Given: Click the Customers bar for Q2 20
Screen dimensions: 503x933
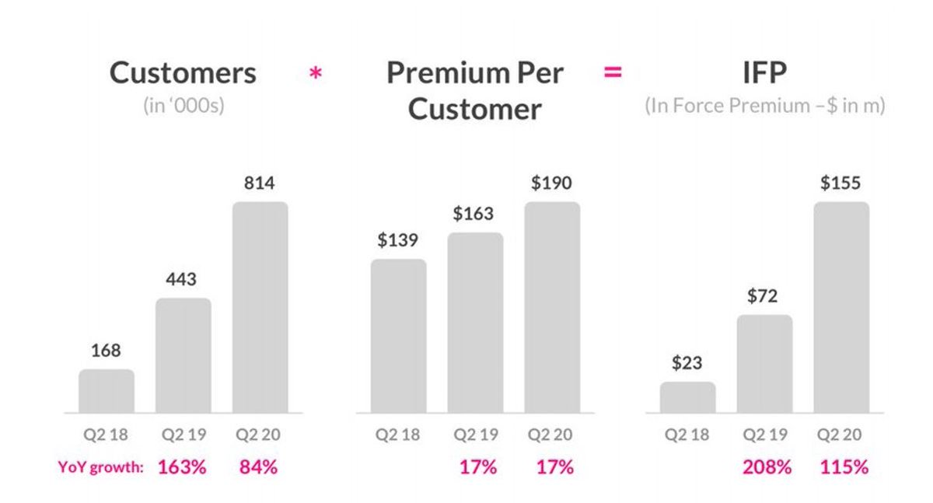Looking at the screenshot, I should [260, 307].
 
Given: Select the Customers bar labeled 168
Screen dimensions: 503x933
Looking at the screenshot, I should [107, 391].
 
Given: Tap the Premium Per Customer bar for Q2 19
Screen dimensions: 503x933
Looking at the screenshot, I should [475, 323].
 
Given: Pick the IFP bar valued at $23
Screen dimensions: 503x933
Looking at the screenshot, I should [687, 397].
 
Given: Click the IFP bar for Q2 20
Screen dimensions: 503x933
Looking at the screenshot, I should [841, 307].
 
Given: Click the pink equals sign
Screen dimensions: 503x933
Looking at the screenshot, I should [613, 73].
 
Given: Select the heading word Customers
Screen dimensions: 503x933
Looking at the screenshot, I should [183, 73].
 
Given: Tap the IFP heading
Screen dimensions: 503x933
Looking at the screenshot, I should [765, 73].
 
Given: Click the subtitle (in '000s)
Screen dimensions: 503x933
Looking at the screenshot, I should [183, 105].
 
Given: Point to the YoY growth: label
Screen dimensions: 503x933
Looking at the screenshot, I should [101, 467].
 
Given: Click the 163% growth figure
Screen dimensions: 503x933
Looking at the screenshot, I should [182, 467].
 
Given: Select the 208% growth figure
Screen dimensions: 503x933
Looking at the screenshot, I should [765, 467].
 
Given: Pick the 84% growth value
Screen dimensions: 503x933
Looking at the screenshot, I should [258, 467].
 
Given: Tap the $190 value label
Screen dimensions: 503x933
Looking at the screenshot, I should [551, 183].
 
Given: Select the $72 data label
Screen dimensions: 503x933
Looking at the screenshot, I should [764, 296].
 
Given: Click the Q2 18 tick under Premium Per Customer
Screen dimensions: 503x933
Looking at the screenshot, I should [397, 435].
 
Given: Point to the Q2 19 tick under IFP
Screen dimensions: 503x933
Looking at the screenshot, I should [764, 435].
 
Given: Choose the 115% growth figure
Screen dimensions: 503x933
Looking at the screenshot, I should [843, 467].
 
